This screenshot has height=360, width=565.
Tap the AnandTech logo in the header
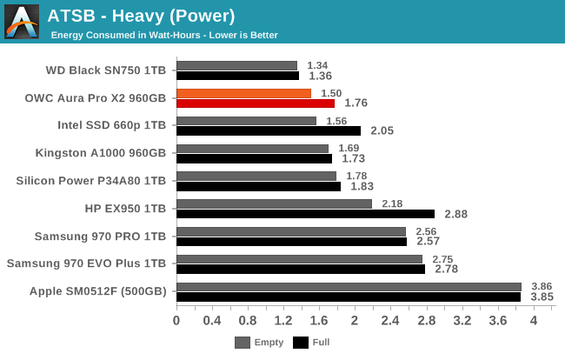click(x=21, y=21)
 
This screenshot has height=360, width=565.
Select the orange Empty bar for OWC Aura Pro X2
click(x=243, y=93)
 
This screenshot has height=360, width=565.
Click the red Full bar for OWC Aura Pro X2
click(x=256, y=103)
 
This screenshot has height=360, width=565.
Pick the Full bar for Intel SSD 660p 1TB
click(x=268, y=130)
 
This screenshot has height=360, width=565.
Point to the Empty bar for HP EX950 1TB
click(x=274, y=203)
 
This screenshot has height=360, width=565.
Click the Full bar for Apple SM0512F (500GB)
click(x=348, y=297)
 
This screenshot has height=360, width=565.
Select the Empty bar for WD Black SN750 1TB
click(x=236, y=65)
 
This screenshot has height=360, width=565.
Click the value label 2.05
click(x=382, y=130)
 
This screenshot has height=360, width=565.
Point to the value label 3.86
click(x=542, y=286)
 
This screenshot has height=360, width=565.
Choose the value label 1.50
click(x=331, y=93)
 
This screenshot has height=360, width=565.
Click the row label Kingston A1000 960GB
click(x=100, y=153)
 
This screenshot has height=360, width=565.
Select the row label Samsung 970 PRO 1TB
click(x=100, y=236)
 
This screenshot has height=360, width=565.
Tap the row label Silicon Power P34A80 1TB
click(x=90, y=181)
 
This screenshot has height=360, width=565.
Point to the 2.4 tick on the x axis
click(x=390, y=321)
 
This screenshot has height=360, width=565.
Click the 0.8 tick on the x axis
click(x=248, y=321)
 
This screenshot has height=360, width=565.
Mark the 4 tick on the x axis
click(x=533, y=321)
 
